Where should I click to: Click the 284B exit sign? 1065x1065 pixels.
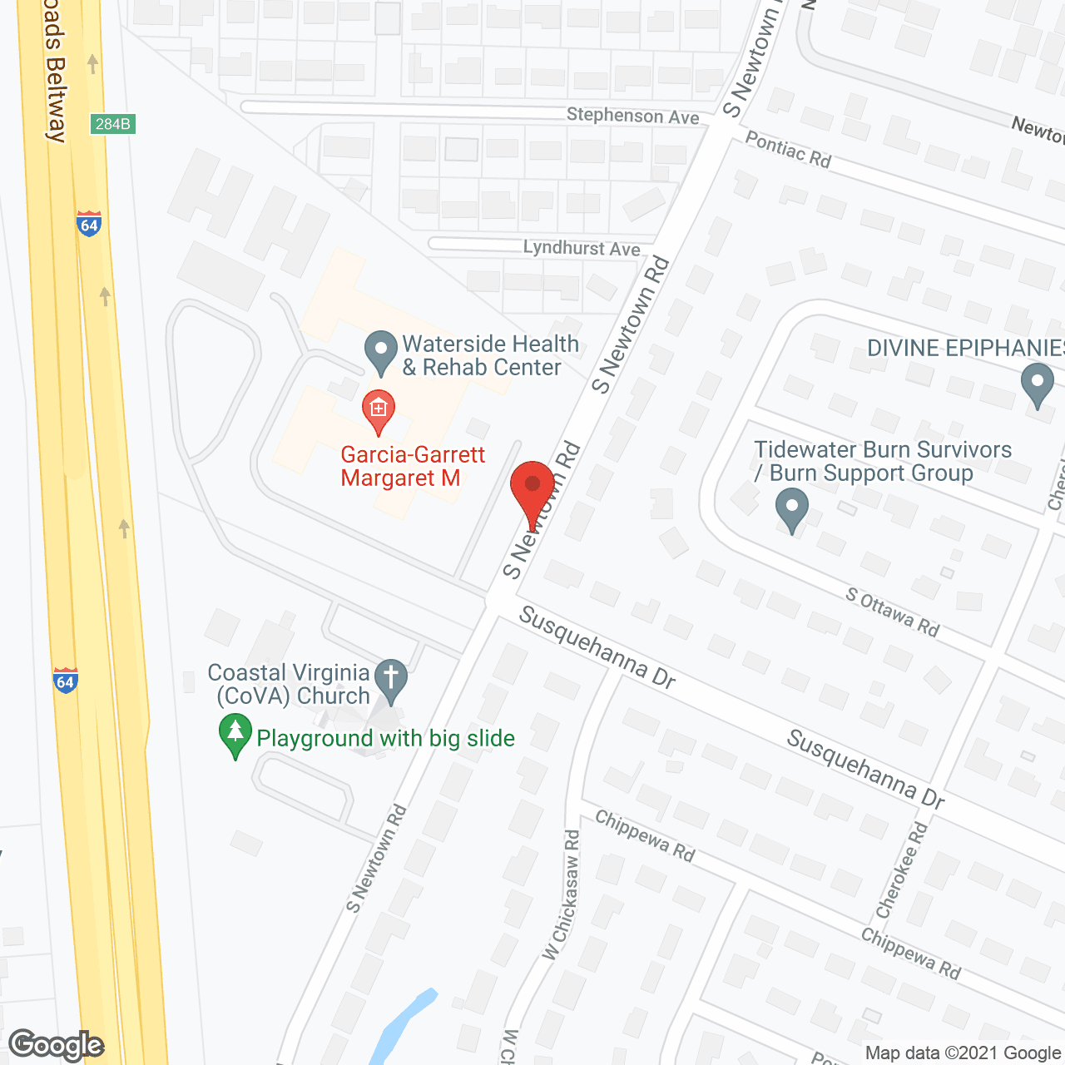[112, 124]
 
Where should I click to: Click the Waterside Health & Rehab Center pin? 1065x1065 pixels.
[381, 353]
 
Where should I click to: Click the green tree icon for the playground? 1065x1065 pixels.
[235, 735]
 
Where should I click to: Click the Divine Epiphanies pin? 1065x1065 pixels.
[1037, 384]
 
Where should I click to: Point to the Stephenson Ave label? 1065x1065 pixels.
[632, 116]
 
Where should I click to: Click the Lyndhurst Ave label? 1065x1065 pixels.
[582, 248]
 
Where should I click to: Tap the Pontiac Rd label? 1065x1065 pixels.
[788, 150]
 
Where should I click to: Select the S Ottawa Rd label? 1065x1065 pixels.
[892, 612]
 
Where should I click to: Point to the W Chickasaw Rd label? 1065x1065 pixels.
[562, 895]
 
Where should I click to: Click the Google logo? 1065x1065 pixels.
[56, 1045]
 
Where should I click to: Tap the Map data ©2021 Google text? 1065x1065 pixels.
[963, 1053]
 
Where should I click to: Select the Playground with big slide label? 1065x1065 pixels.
[385, 738]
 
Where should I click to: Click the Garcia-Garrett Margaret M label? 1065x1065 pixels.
[401, 466]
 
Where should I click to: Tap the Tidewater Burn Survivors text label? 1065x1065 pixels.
[882, 461]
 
